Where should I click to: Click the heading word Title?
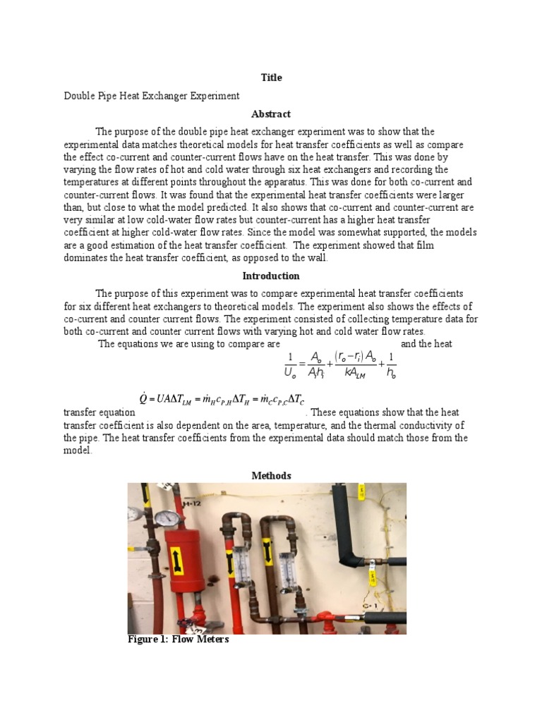pos(271,78)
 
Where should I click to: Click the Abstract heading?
pos(271,114)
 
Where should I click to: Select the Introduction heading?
pos(271,276)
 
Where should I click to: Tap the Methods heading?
pos(271,476)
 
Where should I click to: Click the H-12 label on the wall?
pos(191,504)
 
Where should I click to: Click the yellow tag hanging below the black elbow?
pos(372,579)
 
